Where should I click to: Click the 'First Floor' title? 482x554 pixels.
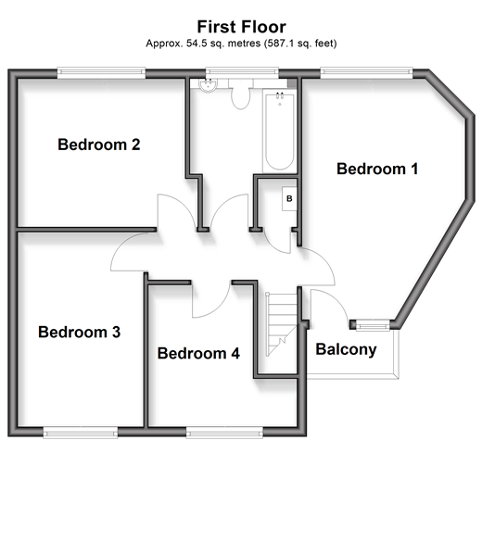pos(241,27)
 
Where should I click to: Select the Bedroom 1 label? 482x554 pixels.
pos(377,169)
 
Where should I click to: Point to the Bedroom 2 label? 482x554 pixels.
pos(98,145)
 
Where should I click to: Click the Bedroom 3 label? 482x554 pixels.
pos(79,332)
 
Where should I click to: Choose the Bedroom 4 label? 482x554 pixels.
pos(198,353)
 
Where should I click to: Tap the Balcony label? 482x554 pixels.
pos(346,349)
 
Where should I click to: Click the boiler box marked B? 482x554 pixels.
pos(289,198)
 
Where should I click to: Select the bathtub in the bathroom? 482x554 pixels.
pos(280,131)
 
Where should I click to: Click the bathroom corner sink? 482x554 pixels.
pos(209,85)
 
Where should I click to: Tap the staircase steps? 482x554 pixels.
pos(282,324)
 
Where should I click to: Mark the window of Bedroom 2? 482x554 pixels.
pos(101,73)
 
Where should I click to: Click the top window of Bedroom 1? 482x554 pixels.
pos(366,72)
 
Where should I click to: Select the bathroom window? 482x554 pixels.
pos(242,72)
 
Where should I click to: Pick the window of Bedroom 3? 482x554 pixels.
pos(81,433)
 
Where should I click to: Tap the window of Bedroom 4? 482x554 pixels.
pos(224,433)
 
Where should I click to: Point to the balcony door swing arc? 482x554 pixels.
pos(336,299)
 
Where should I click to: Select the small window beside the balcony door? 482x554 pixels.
pos(373,325)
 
